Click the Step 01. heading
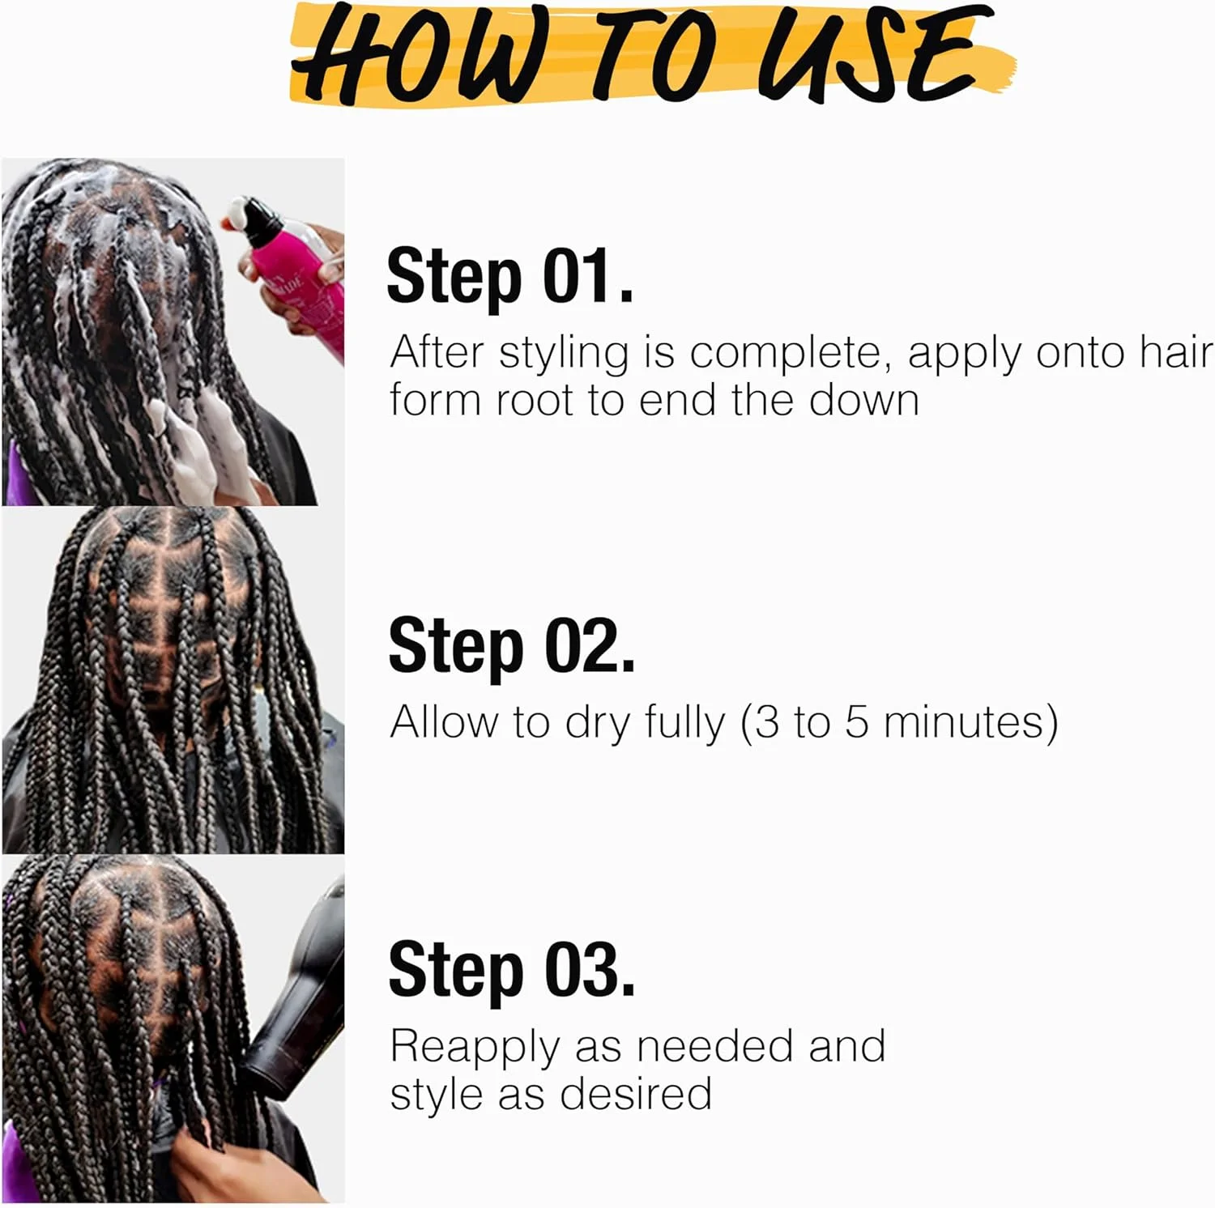pos(509,276)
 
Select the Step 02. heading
pos(511,645)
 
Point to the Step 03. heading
pos(511,969)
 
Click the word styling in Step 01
pos(564,355)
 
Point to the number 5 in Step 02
pos(858,722)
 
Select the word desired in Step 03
pos(636,1094)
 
